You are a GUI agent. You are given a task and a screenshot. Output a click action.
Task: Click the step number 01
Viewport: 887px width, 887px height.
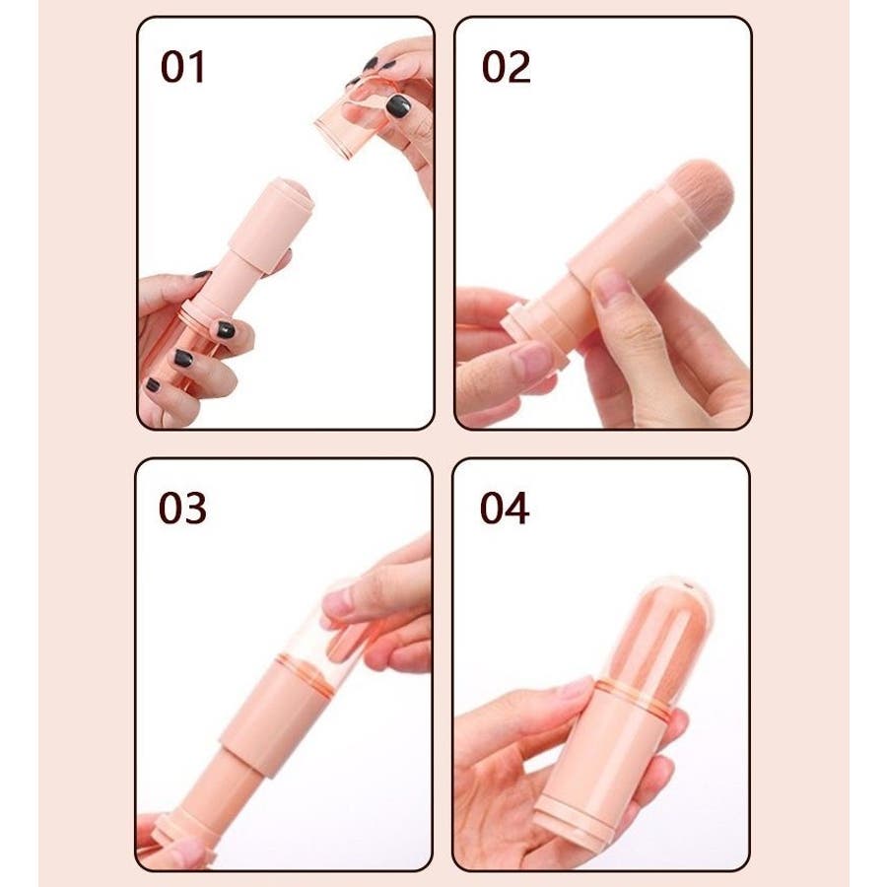point(182,67)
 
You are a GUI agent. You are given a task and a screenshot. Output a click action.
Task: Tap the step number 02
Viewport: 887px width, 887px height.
point(506,67)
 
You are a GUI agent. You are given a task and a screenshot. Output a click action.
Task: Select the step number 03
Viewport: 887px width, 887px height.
point(182,508)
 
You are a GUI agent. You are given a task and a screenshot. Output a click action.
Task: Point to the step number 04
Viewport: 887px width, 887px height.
point(504,508)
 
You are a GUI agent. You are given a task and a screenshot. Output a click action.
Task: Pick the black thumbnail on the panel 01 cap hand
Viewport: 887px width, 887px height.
point(398,105)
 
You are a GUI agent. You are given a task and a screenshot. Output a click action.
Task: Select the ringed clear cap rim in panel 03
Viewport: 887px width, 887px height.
point(306,674)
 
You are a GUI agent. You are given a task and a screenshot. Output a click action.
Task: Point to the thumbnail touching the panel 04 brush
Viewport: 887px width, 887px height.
point(576,689)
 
